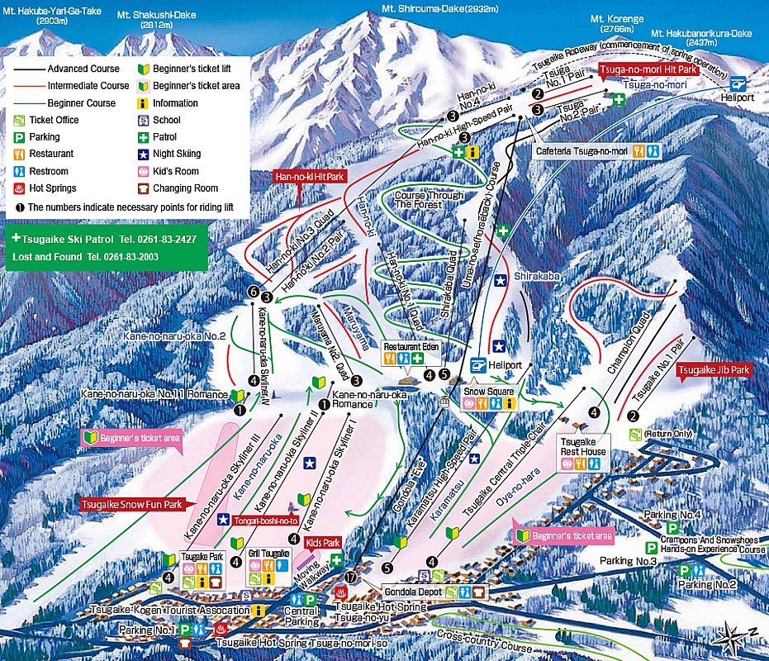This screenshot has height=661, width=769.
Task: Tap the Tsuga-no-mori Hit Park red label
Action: (649, 70)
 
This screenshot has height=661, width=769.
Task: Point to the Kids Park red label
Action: (322, 543)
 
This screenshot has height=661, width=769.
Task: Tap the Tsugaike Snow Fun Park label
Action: (131, 503)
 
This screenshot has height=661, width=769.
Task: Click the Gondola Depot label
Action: (412, 592)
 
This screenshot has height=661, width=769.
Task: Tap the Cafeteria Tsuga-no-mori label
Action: (582, 151)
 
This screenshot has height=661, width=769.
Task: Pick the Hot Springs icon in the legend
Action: (19, 188)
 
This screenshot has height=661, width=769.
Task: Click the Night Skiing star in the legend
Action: (144, 154)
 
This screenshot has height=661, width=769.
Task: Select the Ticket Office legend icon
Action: (19, 120)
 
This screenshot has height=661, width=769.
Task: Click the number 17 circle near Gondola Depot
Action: (350, 578)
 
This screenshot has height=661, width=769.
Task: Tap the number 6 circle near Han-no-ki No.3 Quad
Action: (253, 292)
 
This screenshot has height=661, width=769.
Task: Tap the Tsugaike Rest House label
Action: (583, 447)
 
